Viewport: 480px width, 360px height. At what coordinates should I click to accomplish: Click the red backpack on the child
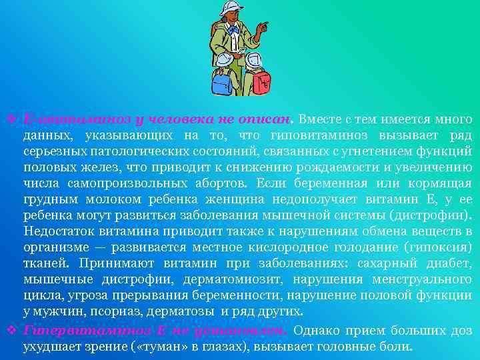click(261, 83)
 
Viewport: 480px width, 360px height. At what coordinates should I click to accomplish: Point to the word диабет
click(449, 263)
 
